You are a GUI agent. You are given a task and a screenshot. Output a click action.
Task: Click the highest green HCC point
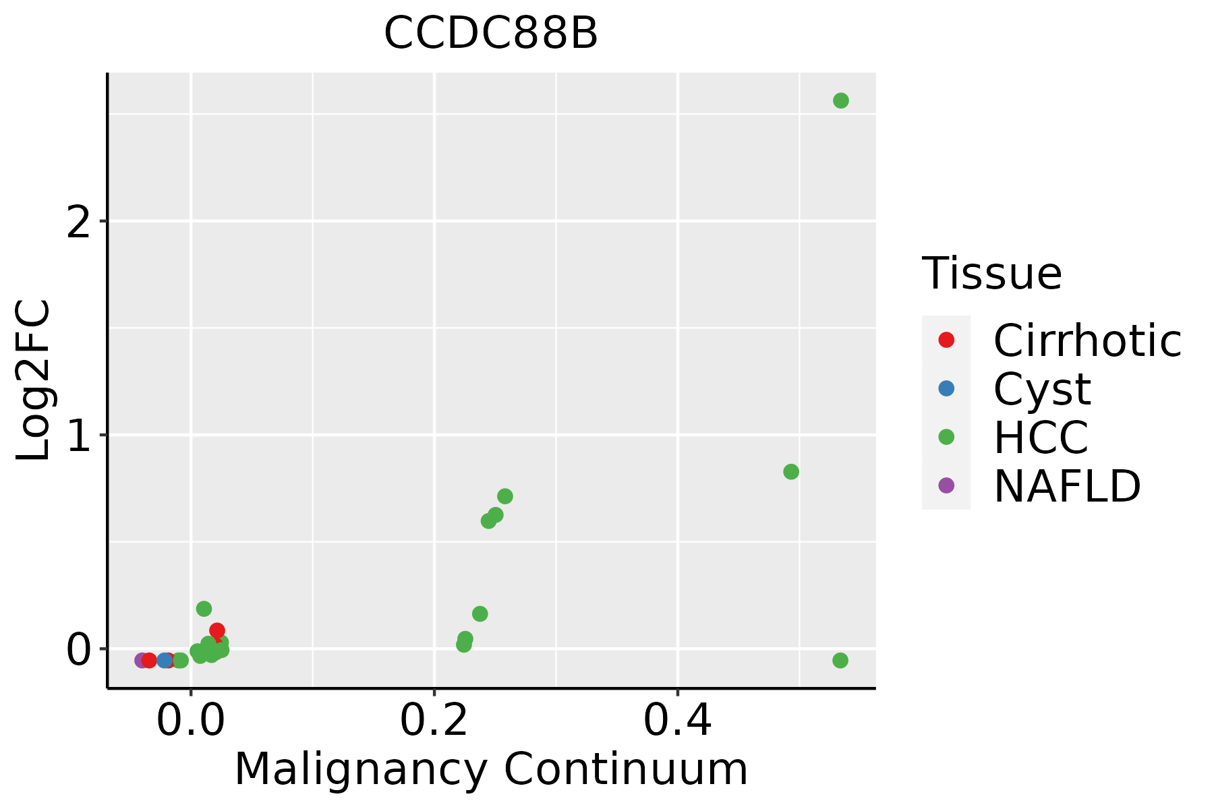(x=840, y=100)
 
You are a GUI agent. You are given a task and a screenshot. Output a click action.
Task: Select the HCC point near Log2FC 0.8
(x=791, y=472)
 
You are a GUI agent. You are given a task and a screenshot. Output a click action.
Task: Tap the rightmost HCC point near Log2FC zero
(x=840, y=660)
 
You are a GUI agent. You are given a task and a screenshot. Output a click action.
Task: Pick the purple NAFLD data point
(x=142, y=660)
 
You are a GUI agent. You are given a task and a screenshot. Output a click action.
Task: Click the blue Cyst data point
(x=165, y=660)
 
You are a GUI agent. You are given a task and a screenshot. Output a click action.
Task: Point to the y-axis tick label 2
(x=78, y=221)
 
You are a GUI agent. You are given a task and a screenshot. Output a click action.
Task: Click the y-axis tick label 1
(x=78, y=436)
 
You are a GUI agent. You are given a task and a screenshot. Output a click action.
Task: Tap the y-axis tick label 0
(x=78, y=650)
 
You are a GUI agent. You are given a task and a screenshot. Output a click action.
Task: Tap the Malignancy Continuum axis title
(x=490, y=769)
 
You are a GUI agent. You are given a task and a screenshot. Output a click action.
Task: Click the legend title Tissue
(x=991, y=274)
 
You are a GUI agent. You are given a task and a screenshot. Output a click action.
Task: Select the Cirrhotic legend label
(x=1087, y=340)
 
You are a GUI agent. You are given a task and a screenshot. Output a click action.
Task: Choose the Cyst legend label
(x=1042, y=389)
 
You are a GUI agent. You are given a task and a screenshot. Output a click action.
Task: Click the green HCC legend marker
(x=946, y=437)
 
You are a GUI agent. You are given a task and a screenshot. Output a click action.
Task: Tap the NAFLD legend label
(x=1067, y=485)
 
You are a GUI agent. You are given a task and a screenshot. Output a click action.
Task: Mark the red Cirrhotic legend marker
(x=946, y=340)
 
